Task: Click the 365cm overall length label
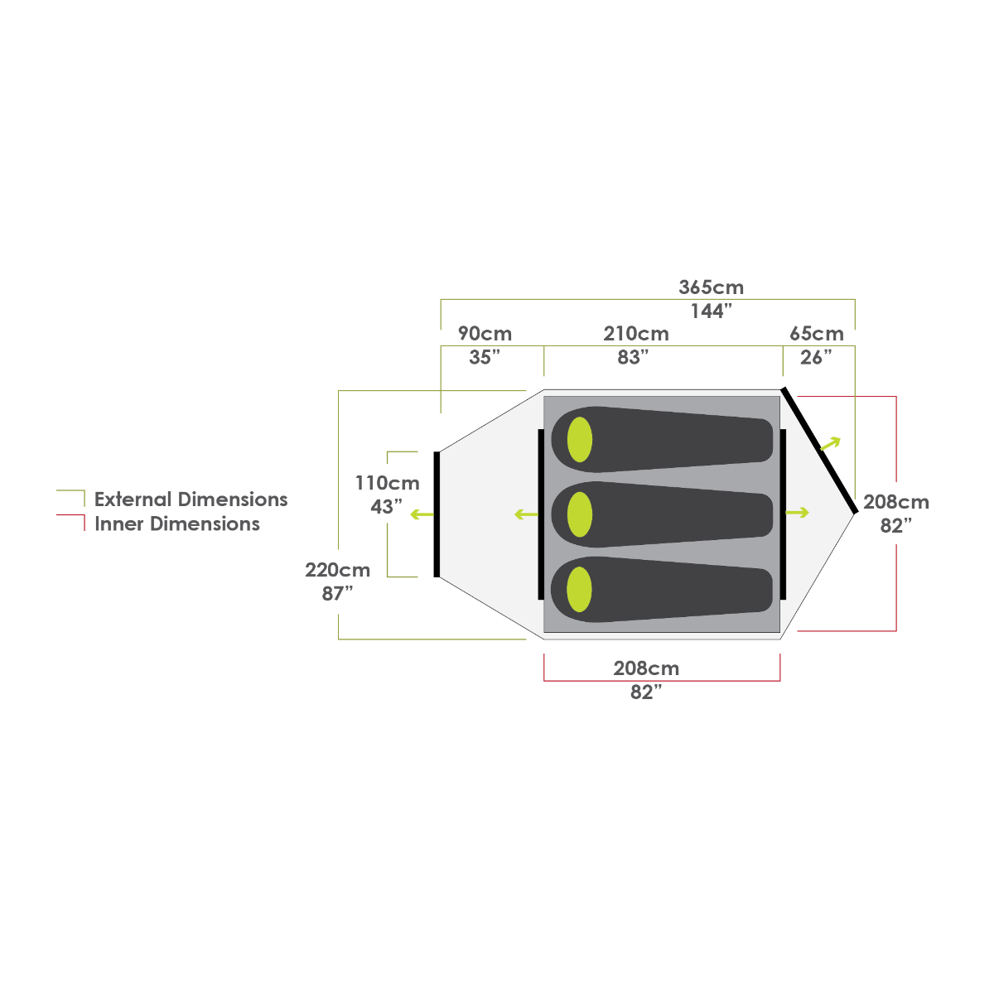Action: [x=711, y=287]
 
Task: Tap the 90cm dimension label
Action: [x=485, y=334]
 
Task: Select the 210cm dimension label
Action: [x=635, y=334]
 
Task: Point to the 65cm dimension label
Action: [x=817, y=334]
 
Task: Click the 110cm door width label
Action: [x=387, y=483]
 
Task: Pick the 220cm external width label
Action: [x=337, y=570]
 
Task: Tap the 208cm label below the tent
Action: [x=646, y=668]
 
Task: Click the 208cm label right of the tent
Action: [x=896, y=502]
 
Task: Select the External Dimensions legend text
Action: [x=191, y=499]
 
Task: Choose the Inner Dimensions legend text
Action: [x=177, y=524]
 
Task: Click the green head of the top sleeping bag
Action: [x=580, y=440]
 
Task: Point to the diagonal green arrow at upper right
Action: [x=830, y=443]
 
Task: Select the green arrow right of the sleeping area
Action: [x=797, y=513]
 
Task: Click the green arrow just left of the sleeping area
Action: [x=525, y=514]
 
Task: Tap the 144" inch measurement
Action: [x=711, y=311]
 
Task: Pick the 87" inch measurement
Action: [x=337, y=593]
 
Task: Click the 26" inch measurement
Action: [x=816, y=357]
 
